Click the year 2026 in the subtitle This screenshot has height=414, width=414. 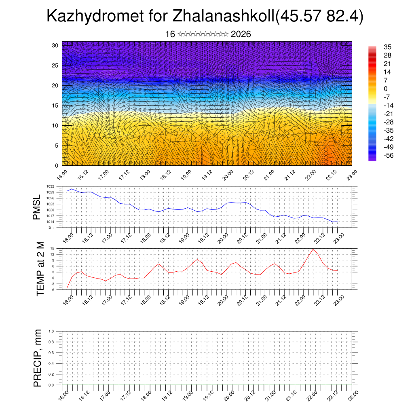241,34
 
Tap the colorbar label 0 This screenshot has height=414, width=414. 386,89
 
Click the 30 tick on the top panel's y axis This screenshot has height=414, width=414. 55,45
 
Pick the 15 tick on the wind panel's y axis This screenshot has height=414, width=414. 55,106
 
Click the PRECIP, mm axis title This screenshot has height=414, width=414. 38,358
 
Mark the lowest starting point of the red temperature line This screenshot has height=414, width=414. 67,288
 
